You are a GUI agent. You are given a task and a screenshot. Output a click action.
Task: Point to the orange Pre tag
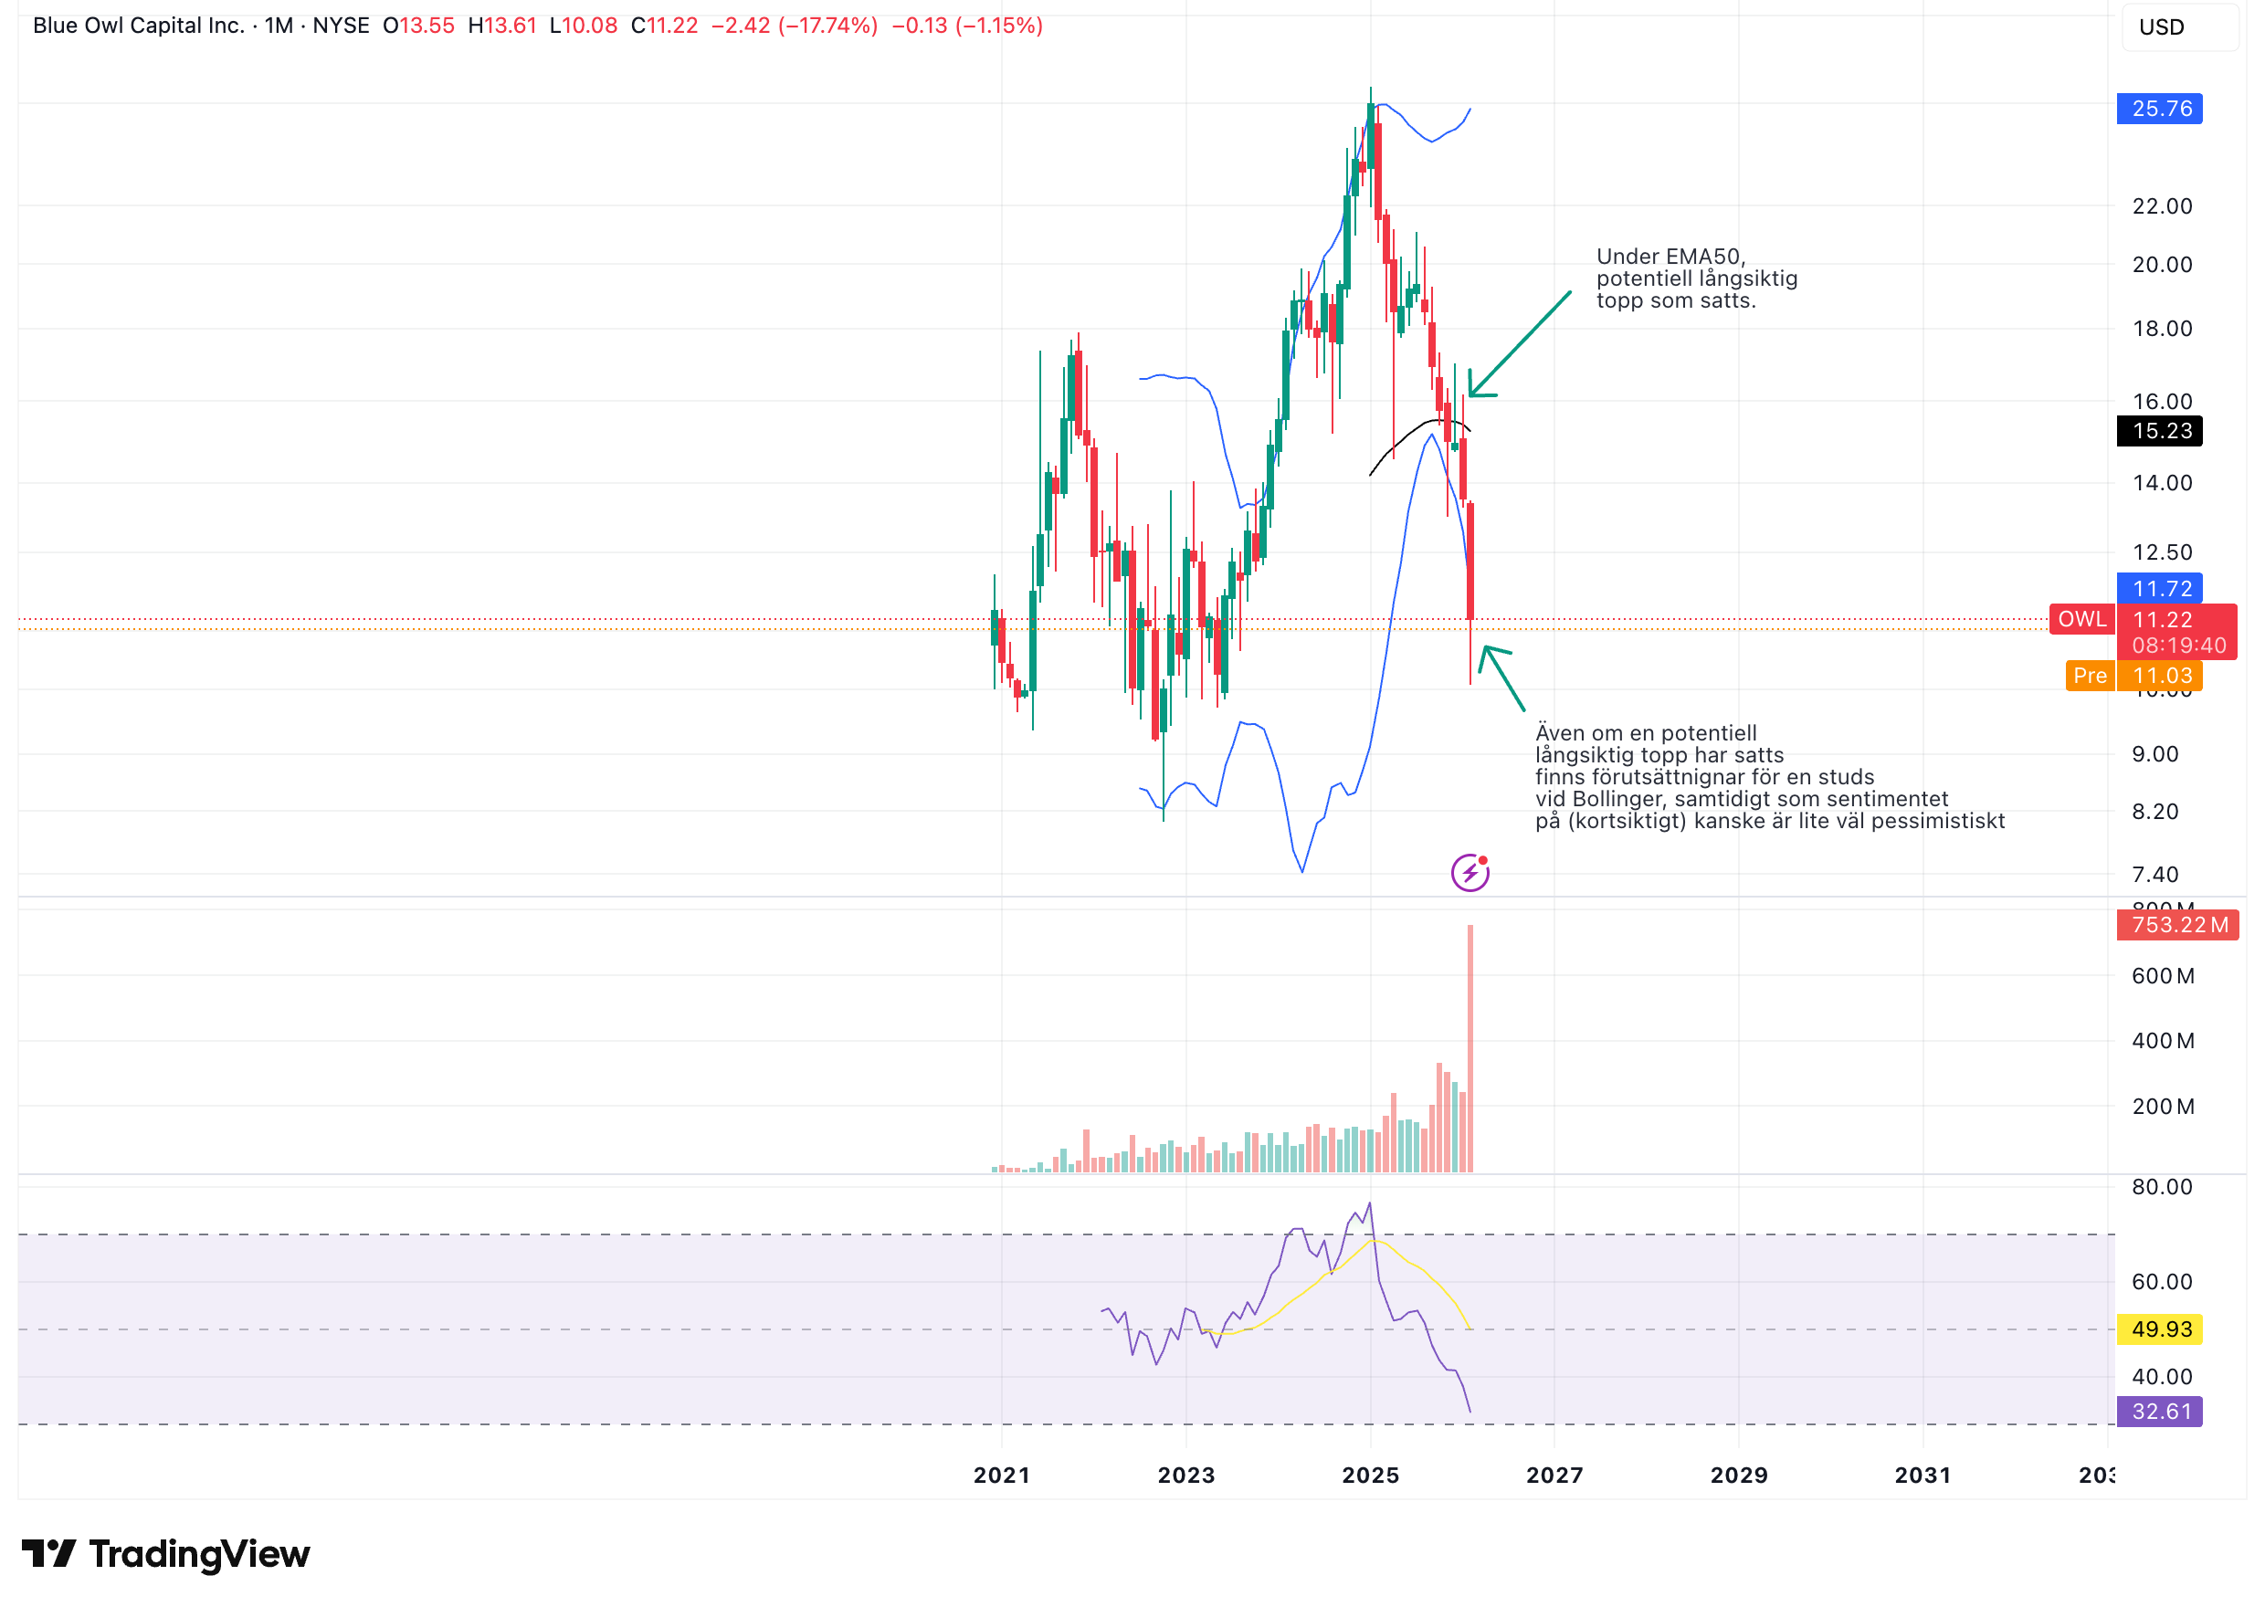(2089, 675)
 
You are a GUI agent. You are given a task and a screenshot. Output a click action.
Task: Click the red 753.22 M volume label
(2175, 924)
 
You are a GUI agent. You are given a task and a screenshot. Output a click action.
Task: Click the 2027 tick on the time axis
(1554, 1476)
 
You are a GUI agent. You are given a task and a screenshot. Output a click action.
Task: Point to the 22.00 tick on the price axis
(2161, 205)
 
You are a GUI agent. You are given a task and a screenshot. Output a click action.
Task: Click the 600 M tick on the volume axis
(2162, 976)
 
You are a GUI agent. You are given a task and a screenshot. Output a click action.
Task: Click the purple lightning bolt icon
(1470, 873)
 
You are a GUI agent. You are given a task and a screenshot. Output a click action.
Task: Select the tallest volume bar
(1470, 1049)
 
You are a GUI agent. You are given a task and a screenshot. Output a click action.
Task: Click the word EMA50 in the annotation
(1704, 257)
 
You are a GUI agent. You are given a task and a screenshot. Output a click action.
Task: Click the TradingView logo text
(199, 1555)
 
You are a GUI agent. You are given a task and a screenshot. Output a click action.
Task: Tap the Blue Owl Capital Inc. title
(139, 26)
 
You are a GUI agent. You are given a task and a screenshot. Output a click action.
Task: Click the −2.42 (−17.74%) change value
(794, 26)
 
